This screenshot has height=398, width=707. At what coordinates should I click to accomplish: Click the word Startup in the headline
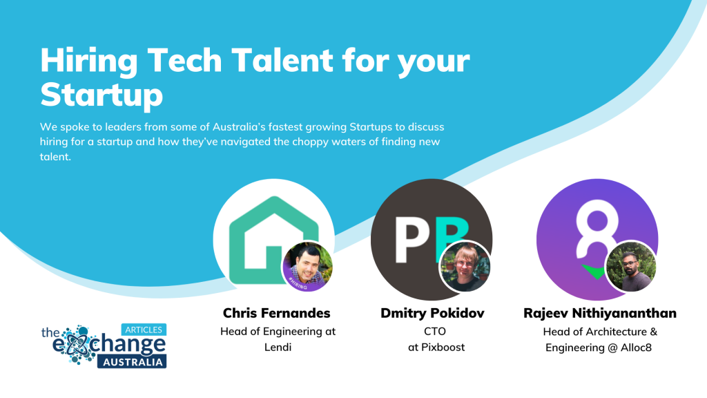coord(101,95)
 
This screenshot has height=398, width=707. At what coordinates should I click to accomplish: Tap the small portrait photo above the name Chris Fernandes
coord(307,266)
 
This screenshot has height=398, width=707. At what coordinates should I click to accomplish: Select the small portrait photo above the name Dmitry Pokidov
coord(465,266)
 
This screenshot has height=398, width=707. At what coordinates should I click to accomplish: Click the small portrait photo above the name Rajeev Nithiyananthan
coord(631,266)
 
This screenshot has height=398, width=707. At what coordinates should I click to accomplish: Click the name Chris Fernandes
coord(276,313)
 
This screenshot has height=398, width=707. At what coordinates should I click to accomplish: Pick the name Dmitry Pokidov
coord(432,313)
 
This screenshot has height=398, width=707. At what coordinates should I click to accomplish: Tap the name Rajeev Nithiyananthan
coord(600,313)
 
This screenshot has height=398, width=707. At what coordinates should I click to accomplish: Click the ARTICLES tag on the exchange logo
coord(144,330)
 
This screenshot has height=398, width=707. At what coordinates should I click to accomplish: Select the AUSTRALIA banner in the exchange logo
coord(132,362)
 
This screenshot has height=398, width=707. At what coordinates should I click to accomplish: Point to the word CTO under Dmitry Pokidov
coord(435,332)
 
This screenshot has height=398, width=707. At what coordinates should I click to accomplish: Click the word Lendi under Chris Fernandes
coord(278,348)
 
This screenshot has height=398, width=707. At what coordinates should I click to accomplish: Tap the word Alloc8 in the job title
coord(636,348)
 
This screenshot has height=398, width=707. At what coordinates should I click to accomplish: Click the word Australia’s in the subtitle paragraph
coord(239,127)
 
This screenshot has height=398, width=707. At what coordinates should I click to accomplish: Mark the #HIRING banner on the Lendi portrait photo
coord(298,283)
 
